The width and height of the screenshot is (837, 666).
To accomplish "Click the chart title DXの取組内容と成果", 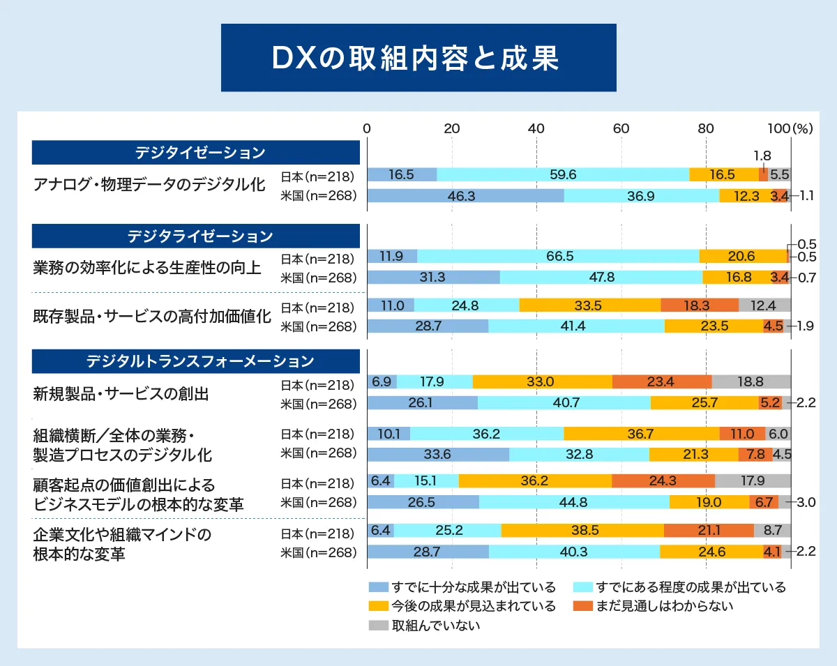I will click(418, 59).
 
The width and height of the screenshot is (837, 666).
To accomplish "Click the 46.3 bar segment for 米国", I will click(465, 196).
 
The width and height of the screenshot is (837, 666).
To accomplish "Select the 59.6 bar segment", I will click(562, 175).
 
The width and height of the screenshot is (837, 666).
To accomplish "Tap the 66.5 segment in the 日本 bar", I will click(558, 257).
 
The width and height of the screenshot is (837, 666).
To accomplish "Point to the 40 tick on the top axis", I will click(536, 128).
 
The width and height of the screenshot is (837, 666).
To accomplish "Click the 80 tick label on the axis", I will click(706, 128).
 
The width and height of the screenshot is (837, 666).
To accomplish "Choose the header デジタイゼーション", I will click(196, 153).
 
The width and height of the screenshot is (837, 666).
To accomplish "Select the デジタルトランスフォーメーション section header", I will click(196, 361).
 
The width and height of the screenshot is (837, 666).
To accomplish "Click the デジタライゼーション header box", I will click(196, 236).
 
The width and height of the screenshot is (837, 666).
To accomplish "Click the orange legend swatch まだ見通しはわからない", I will click(582, 606).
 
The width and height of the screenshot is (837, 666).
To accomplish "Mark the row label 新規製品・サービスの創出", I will click(121, 393).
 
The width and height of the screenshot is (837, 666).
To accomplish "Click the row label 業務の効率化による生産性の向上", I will click(147, 267).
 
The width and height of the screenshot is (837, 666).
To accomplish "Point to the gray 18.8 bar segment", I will click(751, 382).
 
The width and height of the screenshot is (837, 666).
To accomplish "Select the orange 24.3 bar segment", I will click(663, 481).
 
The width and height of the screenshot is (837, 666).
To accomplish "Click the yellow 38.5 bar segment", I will click(582, 531).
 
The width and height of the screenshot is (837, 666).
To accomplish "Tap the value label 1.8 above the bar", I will click(762, 156).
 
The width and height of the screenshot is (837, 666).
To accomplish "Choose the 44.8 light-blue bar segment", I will click(574, 502).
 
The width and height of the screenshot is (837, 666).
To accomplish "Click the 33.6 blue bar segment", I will click(438, 454).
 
